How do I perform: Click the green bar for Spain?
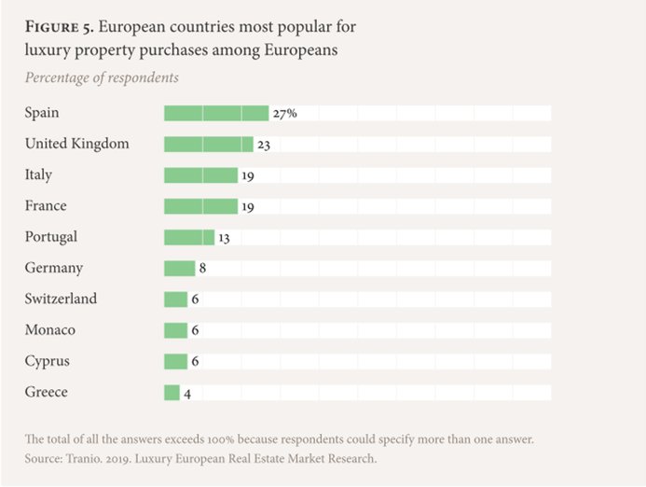(215, 113)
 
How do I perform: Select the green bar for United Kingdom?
(208, 144)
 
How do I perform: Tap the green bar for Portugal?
(189, 237)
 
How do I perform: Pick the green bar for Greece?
(172, 393)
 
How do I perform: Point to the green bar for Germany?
(179, 269)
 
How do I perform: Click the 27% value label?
(284, 113)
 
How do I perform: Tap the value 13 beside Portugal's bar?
(224, 238)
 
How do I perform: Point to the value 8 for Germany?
(202, 269)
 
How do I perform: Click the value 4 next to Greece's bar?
(187, 394)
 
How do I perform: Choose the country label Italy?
(38, 174)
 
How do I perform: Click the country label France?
(46, 205)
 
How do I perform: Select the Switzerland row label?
(61, 299)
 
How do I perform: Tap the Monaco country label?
(50, 330)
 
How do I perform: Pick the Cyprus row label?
(47, 361)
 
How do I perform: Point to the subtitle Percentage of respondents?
(102, 77)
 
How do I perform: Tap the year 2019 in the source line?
(126, 459)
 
